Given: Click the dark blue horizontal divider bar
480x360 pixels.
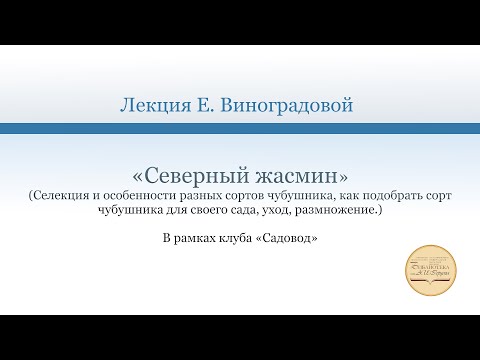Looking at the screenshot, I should point(240,128).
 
